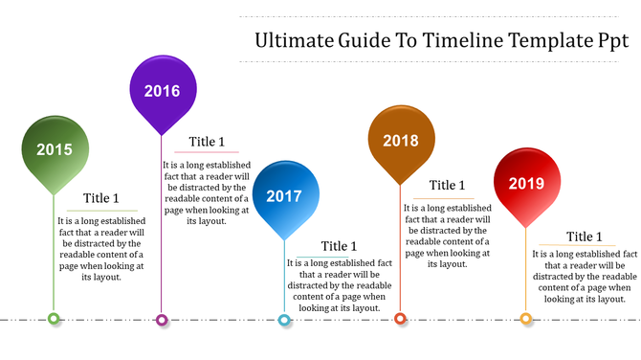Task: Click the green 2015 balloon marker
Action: point(55,149)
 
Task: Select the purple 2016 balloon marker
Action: point(163,91)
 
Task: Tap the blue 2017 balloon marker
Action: point(284,195)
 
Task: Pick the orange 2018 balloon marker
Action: point(401,141)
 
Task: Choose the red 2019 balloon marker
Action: point(525,182)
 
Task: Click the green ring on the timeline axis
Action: point(55,319)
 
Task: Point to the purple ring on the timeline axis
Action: point(163,320)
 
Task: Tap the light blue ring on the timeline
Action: point(284,320)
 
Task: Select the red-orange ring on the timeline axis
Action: point(401,319)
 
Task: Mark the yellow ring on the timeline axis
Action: point(525,319)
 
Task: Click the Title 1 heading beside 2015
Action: point(100,199)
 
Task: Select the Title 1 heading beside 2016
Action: point(207,142)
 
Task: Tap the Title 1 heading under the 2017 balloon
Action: point(340,247)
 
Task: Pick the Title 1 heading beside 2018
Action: point(447,186)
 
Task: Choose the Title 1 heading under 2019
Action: point(585,237)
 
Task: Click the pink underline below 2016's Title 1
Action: point(207,152)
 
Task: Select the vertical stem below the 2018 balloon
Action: point(401,249)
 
